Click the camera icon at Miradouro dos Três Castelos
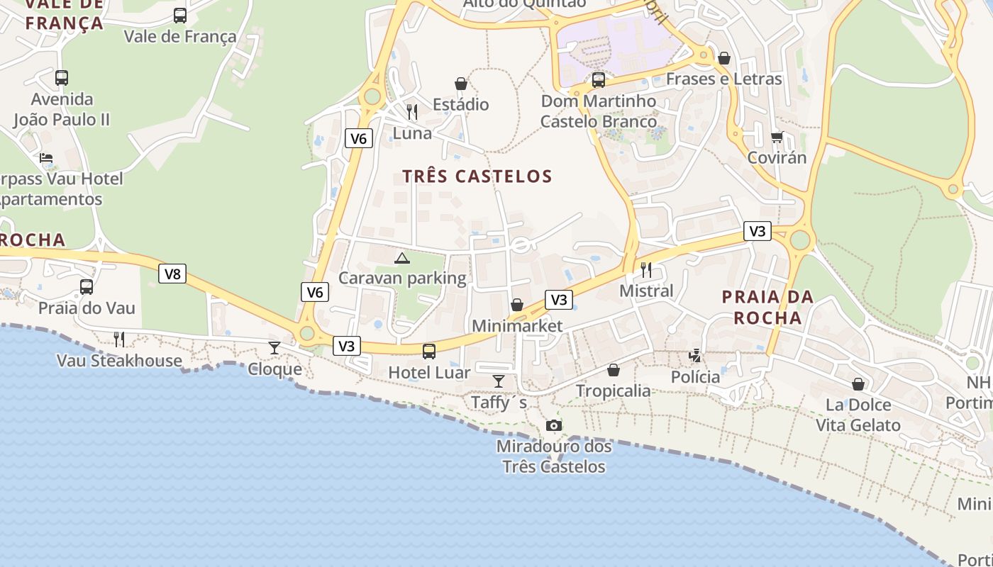coord(554,425)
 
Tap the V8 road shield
coord(172,274)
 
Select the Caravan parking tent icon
coord(402,259)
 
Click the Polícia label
coord(695,376)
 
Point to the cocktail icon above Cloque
coord(274,347)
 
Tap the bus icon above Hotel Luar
coord(429,351)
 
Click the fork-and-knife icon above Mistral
coord(646,270)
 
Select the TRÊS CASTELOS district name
coord(477,176)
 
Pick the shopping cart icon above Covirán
coord(777,137)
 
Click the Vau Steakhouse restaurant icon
coord(119,339)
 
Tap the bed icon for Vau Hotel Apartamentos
coord(46,158)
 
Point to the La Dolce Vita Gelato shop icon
coord(858,384)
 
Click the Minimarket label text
coord(517,326)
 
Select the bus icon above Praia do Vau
coord(87,287)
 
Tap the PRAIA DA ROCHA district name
coord(767,307)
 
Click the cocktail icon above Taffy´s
coord(499,381)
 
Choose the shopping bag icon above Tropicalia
coord(614,370)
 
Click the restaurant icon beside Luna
coord(412,112)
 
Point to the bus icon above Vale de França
coord(180,15)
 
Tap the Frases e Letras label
coord(723,79)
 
